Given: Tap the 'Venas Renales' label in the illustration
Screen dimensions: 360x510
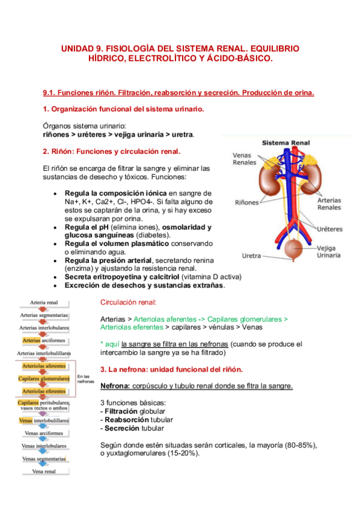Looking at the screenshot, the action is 245,159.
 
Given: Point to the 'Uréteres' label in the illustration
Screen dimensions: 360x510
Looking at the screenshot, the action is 329,229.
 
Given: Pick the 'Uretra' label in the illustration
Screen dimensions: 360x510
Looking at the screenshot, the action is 252,256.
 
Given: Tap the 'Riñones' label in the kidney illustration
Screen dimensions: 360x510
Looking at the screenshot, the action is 247,203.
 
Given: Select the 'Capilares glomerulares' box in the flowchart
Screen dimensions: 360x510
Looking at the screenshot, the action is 44,378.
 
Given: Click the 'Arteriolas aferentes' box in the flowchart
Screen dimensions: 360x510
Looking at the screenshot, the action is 44,366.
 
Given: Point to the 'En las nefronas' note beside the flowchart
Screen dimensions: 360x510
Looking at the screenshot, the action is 87,379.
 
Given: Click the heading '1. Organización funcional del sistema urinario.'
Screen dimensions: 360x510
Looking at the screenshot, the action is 123,109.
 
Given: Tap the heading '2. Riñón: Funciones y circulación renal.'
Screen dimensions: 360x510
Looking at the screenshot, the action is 112,151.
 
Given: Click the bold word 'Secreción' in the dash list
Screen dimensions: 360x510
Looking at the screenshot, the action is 121,428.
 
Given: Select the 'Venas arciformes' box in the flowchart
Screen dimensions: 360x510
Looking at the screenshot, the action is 44,432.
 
